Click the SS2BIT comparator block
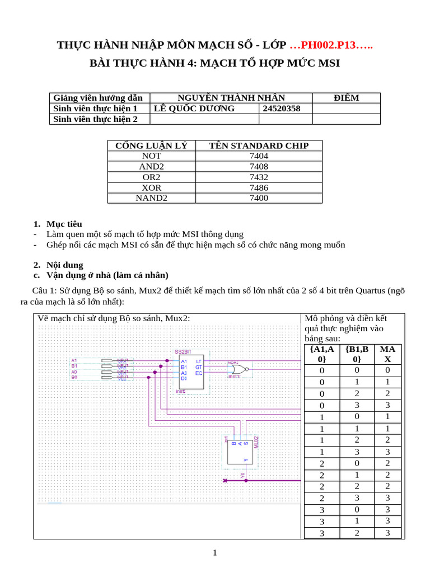pos(191,372)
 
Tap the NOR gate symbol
pos(240,369)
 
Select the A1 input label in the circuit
pos(74,360)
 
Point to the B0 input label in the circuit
pos(74,378)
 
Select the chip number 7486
pos(259,187)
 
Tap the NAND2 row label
pos(151,198)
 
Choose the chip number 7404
pos(259,156)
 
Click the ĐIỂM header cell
pos(346,98)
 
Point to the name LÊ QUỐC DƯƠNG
pos(194,109)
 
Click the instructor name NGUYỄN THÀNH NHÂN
pos(231,98)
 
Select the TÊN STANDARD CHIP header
pos(259,145)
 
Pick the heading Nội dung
pos(65,265)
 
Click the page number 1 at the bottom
pos(215,553)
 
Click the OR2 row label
pos(151,177)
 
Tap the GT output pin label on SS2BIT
pos(199,367)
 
